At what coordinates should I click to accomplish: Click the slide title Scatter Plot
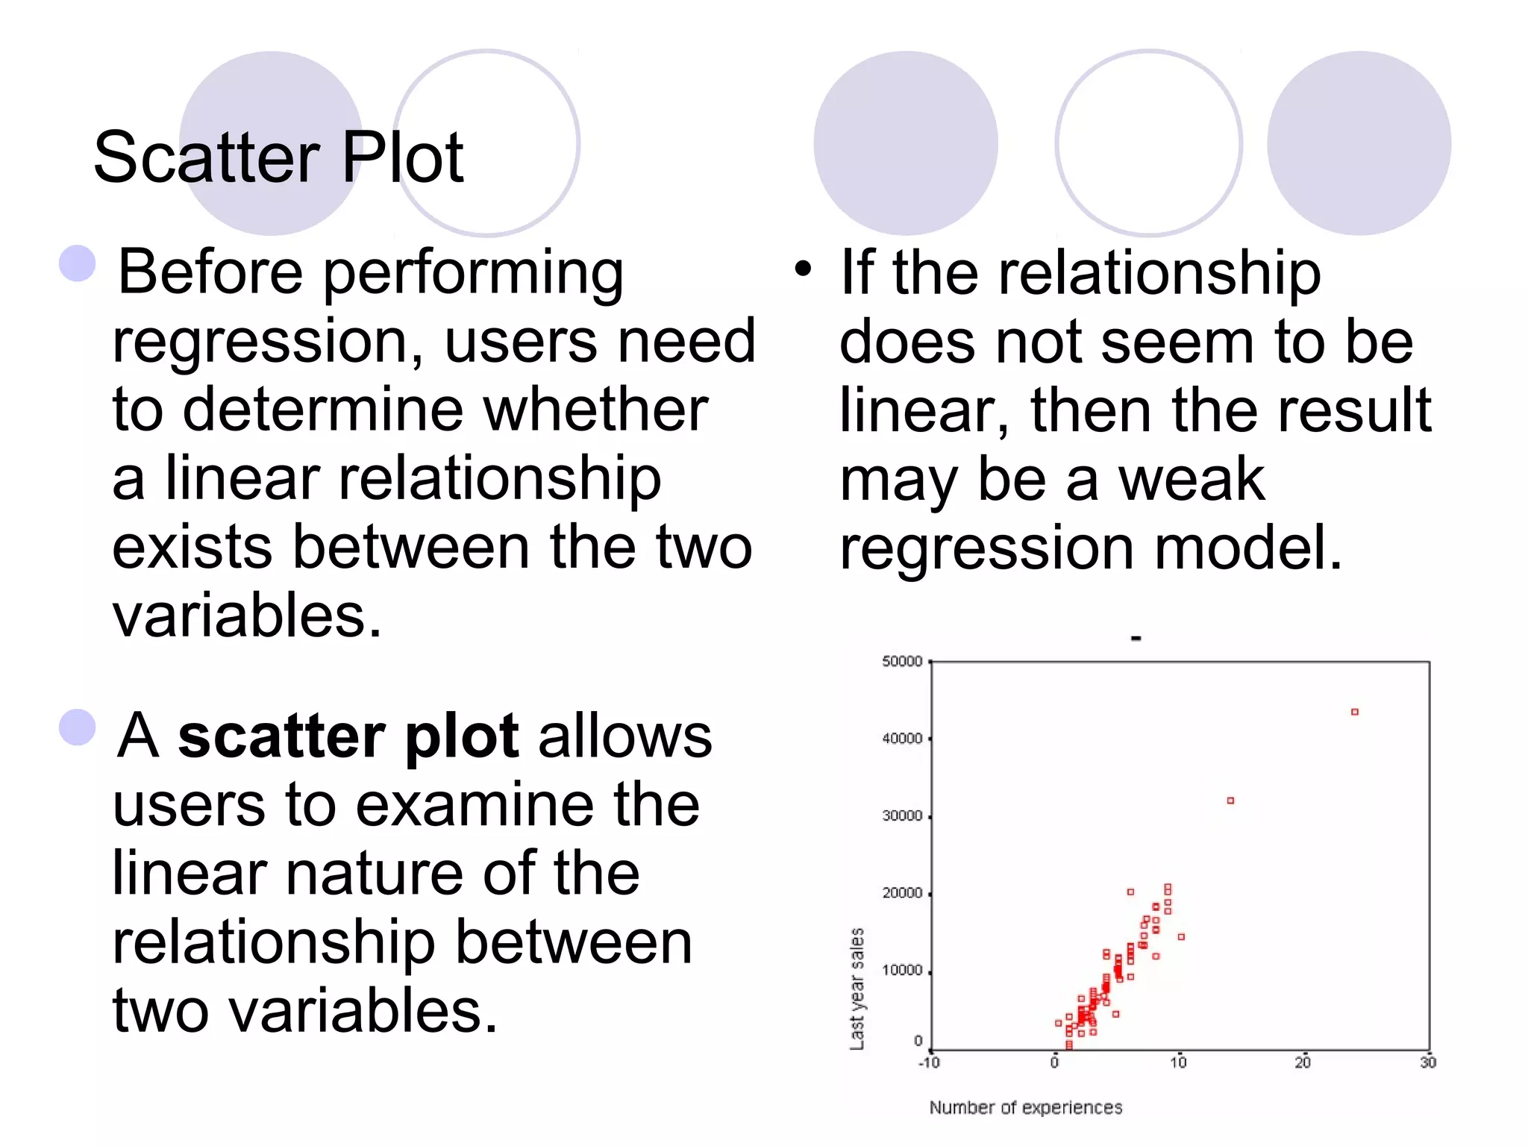coord(278,157)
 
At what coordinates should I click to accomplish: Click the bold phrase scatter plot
coord(348,737)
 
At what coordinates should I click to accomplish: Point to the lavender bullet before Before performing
coord(78,263)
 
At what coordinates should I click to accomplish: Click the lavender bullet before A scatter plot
coord(78,727)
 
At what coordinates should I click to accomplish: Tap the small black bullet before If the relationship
coord(803,269)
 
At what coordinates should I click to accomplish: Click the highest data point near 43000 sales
coord(1355,712)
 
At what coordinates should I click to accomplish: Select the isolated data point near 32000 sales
coord(1230,801)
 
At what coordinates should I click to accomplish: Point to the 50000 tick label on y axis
coord(902,662)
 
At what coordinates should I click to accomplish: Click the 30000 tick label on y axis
coord(902,816)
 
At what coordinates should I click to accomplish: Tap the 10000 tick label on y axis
coord(902,971)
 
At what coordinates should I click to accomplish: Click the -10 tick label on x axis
coord(929,1062)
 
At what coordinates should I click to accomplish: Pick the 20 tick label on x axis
coord(1303,1062)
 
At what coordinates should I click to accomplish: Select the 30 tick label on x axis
coord(1427,1062)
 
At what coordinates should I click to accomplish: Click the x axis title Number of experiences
coord(1025,1108)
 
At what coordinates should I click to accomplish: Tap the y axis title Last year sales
coord(857,989)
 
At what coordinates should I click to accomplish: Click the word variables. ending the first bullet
coord(247,616)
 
